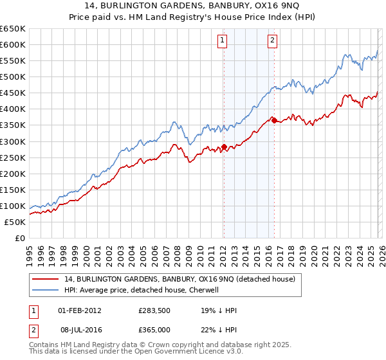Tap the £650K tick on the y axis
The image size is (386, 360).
pyautogui.click(x=13, y=29)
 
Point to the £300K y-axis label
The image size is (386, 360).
pyautogui.click(x=13, y=141)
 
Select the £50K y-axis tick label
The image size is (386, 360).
pyautogui.click(x=15, y=222)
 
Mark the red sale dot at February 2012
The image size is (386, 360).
pyautogui.click(x=223, y=147)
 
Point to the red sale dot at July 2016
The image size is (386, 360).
pyautogui.click(x=274, y=120)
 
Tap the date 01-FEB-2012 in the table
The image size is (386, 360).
pyautogui.click(x=80, y=310)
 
